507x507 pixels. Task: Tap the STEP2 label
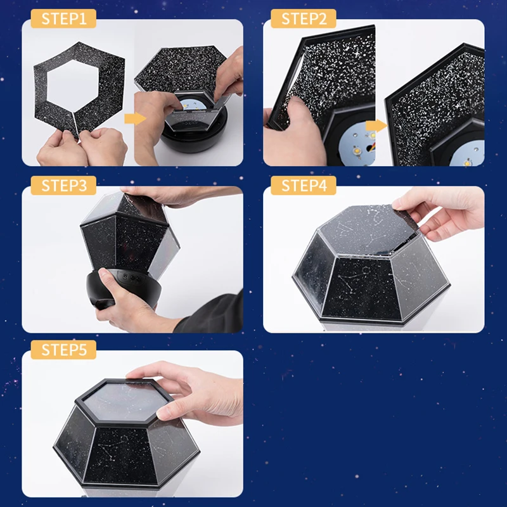click(x=303, y=18)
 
